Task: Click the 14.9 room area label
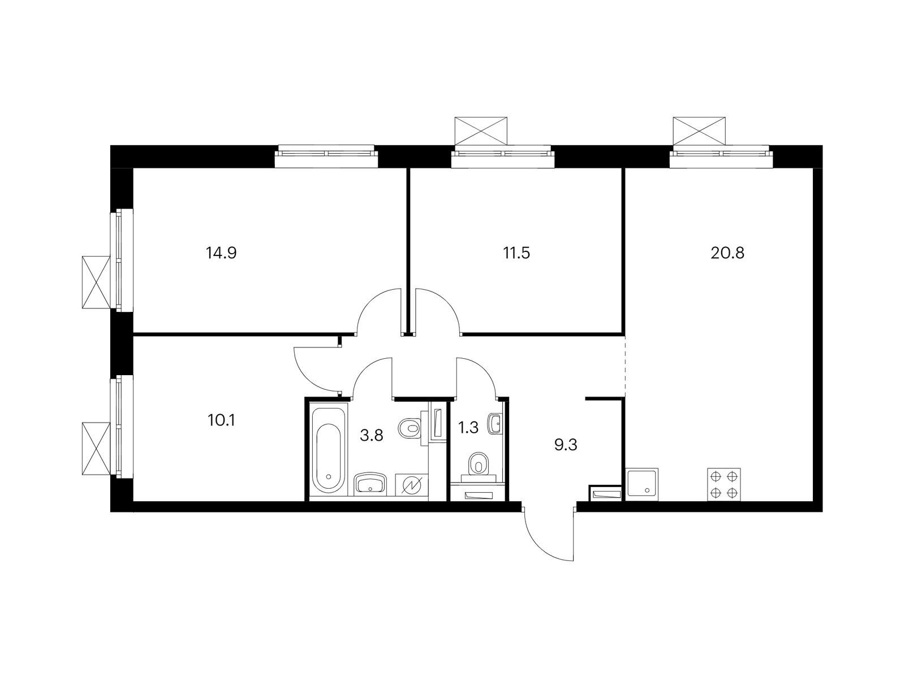coord(221,253)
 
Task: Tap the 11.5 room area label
coord(516,253)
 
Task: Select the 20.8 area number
coord(727,253)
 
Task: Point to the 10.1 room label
coord(221,420)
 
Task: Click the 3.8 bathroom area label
coord(372,435)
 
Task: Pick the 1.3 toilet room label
coord(468,428)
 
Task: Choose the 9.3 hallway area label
coord(566,445)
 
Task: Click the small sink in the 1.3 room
coord(495,424)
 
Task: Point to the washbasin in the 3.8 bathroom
coord(370,484)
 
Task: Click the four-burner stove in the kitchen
coord(724,484)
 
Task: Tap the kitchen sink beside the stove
coord(642,484)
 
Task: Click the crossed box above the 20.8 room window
coord(699,131)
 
